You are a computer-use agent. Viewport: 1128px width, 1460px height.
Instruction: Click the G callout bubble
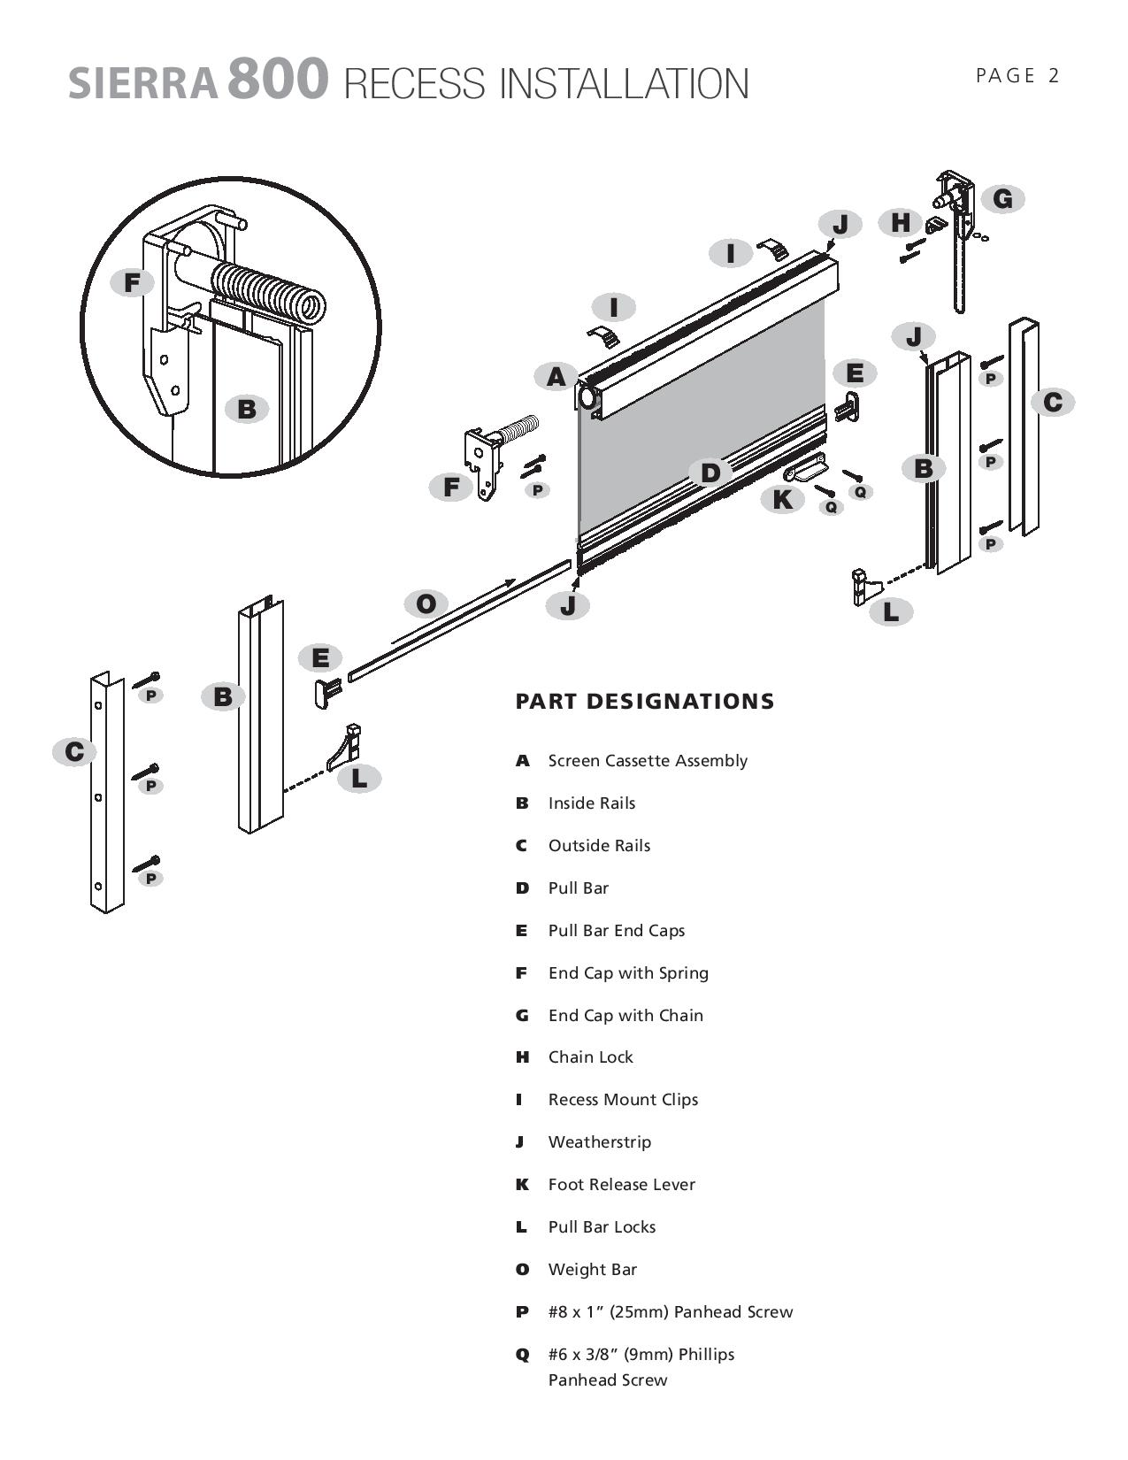click(1002, 199)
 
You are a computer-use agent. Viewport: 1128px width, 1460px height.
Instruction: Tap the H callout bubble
click(901, 222)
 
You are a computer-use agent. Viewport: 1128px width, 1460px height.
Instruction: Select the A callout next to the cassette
click(556, 377)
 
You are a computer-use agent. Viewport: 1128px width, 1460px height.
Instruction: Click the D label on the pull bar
click(710, 473)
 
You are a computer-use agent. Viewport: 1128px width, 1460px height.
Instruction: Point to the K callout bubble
click(782, 500)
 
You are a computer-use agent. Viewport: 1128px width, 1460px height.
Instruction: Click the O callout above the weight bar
click(426, 604)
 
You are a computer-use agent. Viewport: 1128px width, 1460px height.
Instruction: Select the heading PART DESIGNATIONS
click(644, 702)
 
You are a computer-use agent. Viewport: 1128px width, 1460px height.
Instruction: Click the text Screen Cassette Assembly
click(648, 761)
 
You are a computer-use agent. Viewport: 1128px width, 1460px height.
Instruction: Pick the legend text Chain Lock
click(590, 1057)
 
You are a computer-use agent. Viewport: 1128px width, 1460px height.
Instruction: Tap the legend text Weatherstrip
click(599, 1141)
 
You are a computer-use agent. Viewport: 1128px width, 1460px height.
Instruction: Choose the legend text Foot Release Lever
click(621, 1184)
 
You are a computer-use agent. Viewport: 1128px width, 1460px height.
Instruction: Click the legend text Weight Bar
click(593, 1269)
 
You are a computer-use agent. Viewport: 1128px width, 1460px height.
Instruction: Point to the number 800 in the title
click(278, 79)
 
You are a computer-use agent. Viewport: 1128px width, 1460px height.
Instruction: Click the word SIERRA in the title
click(143, 83)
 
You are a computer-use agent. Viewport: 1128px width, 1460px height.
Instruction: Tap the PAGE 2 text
click(1017, 76)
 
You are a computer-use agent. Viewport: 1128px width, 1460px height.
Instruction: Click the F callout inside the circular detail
click(132, 283)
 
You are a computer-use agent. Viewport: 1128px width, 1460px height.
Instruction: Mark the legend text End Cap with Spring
click(628, 972)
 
